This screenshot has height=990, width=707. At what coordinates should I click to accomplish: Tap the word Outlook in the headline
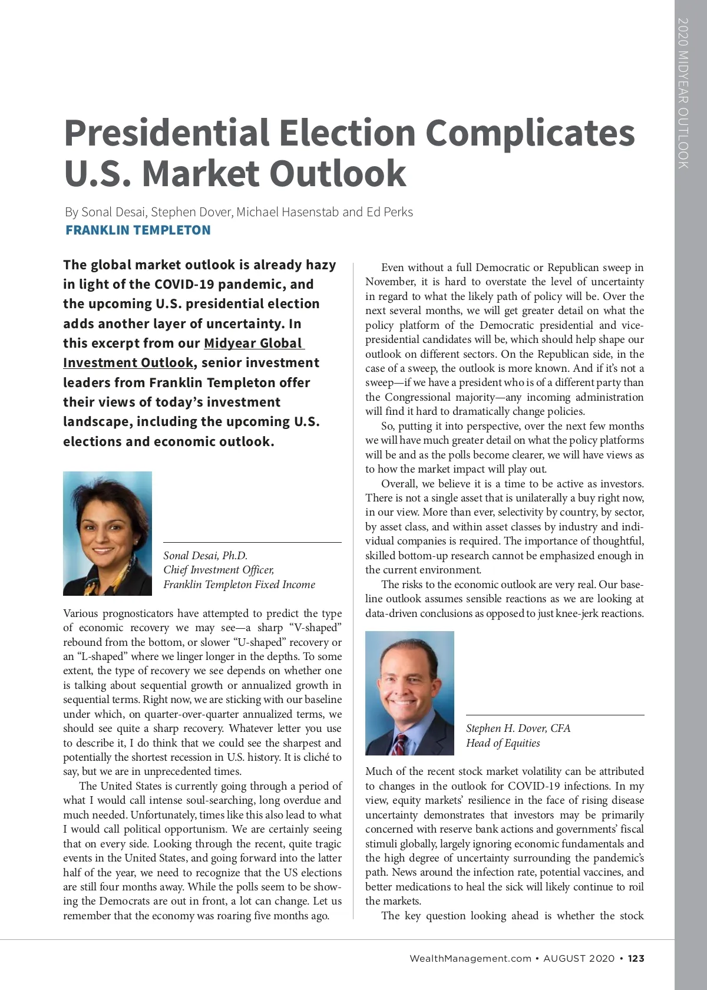[x=338, y=174]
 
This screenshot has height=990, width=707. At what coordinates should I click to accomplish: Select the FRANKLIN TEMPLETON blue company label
[x=138, y=230]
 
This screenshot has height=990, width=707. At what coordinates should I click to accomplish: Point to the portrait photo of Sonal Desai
[x=107, y=533]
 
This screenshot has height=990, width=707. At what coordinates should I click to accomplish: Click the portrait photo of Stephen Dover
[x=409, y=692]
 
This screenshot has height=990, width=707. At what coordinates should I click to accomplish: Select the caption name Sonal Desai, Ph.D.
[x=205, y=556]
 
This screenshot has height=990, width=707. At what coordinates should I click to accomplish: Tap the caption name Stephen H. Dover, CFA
[x=518, y=728]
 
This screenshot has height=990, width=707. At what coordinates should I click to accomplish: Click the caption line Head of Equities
[x=503, y=743]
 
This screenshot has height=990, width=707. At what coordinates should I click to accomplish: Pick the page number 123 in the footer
[x=636, y=959]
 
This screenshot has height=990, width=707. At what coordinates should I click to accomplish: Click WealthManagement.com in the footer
[x=470, y=959]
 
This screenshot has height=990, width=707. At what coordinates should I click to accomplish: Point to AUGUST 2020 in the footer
[x=579, y=959]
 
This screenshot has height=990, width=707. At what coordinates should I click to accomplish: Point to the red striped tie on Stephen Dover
[x=399, y=746]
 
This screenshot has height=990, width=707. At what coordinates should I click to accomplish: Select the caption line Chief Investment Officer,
[x=219, y=570]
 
